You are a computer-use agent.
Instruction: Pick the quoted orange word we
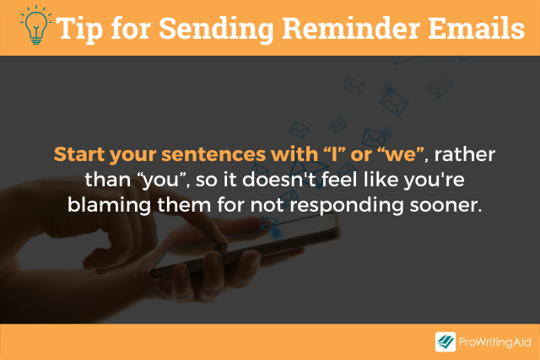396,157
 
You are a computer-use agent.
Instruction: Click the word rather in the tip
464,157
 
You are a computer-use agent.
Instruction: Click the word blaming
102,205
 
